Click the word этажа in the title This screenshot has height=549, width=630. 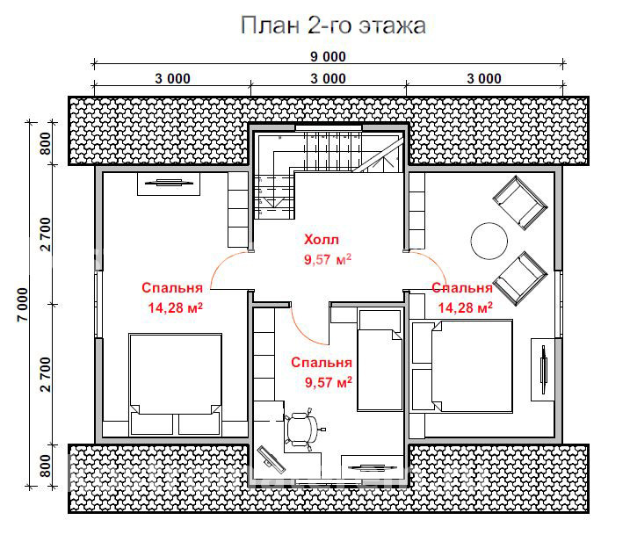click(x=392, y=26)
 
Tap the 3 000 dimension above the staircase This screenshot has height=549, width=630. click(x=329, y=78)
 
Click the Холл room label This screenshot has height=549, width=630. click(x=321, y=240)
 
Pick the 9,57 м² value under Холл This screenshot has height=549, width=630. click(x=328, y=259)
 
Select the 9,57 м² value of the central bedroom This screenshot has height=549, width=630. click(x=328, y=382)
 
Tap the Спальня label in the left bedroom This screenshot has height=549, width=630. click(x=172, y=288)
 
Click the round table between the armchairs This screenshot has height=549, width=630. click(x=489, y=239)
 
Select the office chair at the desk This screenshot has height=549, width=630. click(x=304, y=428)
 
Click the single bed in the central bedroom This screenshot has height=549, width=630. click(x=379, y=369)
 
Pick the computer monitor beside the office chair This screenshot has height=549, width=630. click(x=272, y=458)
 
